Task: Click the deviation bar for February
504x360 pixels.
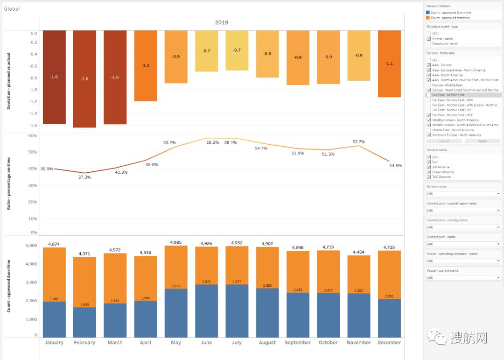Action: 84,79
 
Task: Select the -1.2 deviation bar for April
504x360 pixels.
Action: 146,66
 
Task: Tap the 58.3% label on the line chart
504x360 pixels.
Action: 212,142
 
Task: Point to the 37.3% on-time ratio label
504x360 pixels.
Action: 84,177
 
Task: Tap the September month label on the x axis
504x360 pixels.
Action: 298,343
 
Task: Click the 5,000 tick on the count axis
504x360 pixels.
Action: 31,246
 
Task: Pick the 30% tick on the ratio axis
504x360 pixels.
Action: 33,185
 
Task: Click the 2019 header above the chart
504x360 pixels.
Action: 222,22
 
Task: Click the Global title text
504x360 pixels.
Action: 12,8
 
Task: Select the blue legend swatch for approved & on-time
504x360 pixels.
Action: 428,12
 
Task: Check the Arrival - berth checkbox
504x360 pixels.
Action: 429,39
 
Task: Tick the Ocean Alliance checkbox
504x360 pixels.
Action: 429,172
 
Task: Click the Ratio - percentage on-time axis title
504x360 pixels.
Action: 9,184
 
